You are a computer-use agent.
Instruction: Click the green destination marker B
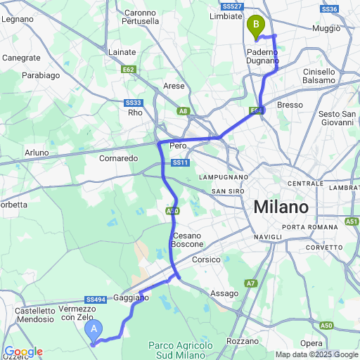click(x=256, y=27)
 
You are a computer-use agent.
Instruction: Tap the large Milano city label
click(x=281, y=207)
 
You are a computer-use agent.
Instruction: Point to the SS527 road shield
click(x=235, y=6)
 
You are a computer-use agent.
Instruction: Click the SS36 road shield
click(x=328, y=9)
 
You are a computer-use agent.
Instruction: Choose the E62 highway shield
click(x=128, y=70)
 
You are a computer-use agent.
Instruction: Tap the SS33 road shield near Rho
click(x=134, y=103)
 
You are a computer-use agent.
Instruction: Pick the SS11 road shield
click(x=181, y=163)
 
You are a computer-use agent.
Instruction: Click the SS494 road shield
click(x=96, y=300)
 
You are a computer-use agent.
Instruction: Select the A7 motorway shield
click(x=250, y=283)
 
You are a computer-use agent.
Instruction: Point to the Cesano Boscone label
click(x=186, y=240)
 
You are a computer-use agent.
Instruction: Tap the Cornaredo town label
click(x=119, y=158)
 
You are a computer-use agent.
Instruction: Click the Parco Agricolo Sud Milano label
click(x=180, y=349)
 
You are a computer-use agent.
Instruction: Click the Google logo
click(x=23, y=352)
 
